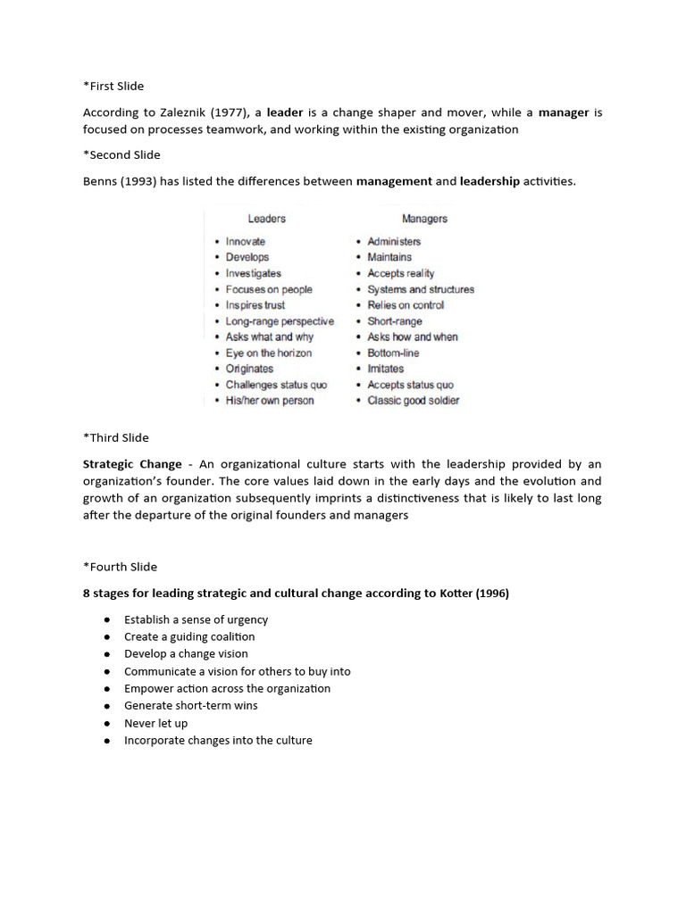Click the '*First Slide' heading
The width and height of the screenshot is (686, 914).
[113, 87]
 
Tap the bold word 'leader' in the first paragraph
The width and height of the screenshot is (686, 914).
[286, 112]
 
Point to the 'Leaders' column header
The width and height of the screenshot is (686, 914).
[266, 219]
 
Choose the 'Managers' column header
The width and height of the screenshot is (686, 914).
[424, 219]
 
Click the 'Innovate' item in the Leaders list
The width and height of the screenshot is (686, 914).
[245, 242]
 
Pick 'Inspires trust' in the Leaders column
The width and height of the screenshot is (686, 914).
[255, 305]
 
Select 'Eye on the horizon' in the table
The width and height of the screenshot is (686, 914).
[268, 353]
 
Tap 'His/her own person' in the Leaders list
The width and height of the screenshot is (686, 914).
[270, 401]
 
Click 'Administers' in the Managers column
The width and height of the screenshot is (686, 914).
[394, 242]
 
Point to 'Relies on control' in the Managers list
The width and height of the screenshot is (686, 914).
[406, 305]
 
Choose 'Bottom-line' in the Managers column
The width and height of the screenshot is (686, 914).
[393, 353]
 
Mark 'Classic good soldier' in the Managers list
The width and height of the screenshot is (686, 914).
[414, 401]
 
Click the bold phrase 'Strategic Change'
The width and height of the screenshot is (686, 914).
[132, 464]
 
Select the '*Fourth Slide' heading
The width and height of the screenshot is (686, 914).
[120, 567]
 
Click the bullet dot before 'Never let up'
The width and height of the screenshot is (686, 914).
[107, 724]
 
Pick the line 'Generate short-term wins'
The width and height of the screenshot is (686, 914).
[190, 706]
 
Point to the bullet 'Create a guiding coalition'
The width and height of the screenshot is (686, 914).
[189, 637]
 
